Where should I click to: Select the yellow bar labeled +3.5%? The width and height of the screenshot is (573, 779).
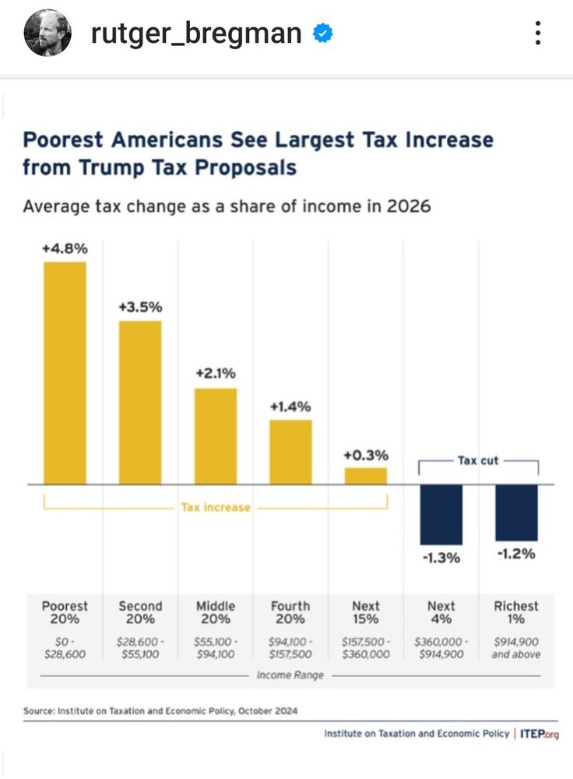[140, 402]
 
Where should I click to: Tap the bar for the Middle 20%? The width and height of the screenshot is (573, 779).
[216, 435]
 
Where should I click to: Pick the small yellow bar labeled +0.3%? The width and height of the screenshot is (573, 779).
[366, 475]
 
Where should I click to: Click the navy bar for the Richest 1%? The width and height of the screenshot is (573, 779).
[516, 512]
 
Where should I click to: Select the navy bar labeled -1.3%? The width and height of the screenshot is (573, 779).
[441, 514]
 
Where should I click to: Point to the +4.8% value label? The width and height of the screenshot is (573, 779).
[65, 249]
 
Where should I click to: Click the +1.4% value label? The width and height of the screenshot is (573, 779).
[290, 407]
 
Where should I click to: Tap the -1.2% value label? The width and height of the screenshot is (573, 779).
[516, 554]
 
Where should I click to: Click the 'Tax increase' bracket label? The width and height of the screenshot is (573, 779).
[216, 507]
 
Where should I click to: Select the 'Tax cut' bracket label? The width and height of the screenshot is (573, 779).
[478, 460]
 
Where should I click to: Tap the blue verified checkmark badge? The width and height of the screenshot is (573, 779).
[323, 33]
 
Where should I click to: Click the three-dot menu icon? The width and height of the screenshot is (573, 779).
[538, 33]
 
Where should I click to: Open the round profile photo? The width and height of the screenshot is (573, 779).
[47, 33]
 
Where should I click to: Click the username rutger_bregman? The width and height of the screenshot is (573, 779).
[196, 33]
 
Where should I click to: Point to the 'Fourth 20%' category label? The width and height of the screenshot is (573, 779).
[290, 612]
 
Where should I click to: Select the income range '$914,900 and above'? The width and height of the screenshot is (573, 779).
[516, 647]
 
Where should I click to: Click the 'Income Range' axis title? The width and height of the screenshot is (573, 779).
[290, 675]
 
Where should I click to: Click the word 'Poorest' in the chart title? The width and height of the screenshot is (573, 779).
[64, 140]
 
